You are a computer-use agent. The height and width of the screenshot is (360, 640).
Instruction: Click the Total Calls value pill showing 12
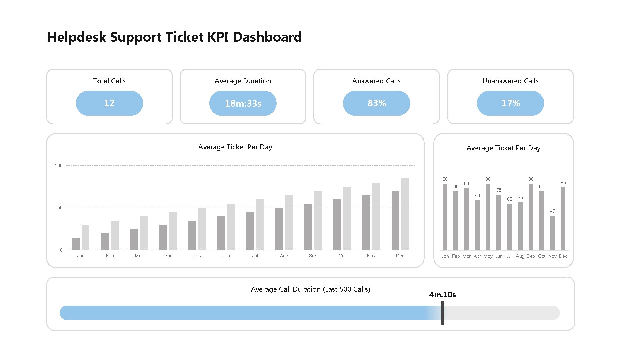coord(109,103)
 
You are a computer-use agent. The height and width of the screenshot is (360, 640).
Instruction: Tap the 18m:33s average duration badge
coord(243,103)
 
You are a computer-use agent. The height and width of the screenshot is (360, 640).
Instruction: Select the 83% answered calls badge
coord(377,103)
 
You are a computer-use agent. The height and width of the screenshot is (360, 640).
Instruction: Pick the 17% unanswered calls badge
coord(510,103)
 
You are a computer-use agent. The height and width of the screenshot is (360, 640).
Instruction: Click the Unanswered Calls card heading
coord(510,81)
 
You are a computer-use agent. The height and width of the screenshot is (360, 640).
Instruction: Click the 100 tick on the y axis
coord(59,166)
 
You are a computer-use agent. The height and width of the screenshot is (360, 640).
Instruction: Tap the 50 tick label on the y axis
coord(60,208)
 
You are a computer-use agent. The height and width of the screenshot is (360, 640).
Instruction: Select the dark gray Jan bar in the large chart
coord(76,244)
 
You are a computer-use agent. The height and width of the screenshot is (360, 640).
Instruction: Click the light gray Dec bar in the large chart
coord(405,214)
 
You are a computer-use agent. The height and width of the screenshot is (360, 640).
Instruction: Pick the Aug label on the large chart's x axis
coord(284,256)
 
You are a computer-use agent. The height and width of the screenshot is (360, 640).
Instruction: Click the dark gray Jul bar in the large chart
coord(250,231)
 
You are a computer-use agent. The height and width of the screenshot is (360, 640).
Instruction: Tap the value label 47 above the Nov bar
coord(552,211)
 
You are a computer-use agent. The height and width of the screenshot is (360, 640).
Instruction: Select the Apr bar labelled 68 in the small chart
coord(477,225)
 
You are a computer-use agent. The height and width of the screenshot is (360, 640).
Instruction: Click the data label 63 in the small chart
coord(509,199)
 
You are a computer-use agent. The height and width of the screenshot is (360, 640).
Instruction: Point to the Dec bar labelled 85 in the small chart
coord(563,219)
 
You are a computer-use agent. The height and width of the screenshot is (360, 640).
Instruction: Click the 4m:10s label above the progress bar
coord(442,295)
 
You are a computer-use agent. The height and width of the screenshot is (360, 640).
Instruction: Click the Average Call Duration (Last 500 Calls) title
coord(310,289)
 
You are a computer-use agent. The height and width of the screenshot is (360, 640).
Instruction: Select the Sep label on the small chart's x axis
coord(531,256)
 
